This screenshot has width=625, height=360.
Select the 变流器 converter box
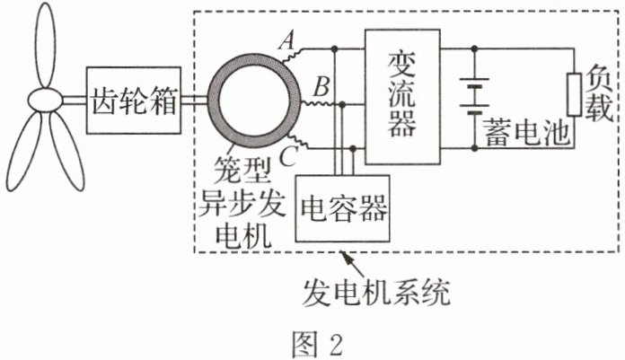[401, 88]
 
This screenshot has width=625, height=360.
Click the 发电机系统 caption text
[374, 293]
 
